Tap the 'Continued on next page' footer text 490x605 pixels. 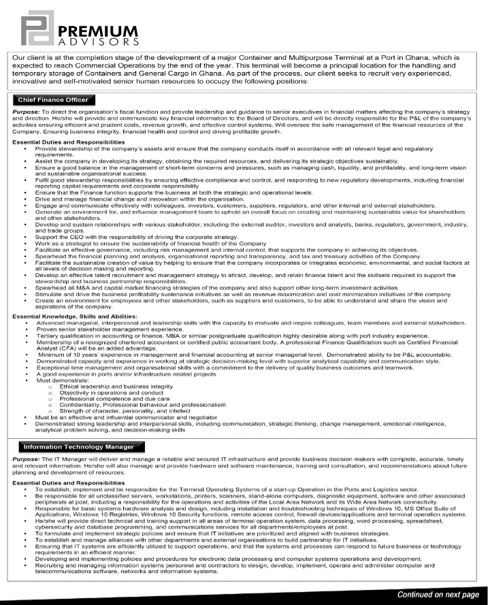[438, 594]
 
